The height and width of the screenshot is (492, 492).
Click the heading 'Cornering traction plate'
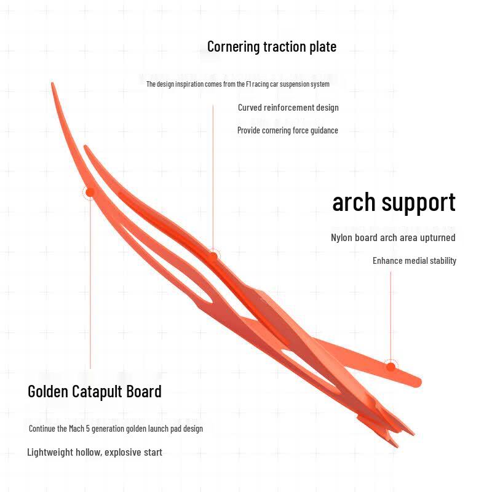[x=272, y=47]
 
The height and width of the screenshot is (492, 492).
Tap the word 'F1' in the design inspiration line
[x=249, y=84]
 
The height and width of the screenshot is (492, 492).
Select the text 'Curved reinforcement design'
[x=288, y=108]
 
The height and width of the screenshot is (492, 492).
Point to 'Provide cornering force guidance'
[x=287, y=130]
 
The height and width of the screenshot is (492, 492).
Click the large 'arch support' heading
[x=394, y=203]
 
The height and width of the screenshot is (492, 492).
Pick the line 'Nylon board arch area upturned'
[x=393, y=237]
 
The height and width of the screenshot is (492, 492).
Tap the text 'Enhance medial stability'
[x=414, y=261]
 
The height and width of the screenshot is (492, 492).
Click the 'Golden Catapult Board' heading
[x=95, y=392]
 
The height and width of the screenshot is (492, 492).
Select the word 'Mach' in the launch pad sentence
[x=76, y=429]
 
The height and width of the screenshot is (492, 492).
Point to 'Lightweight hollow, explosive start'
[x=95, y=452]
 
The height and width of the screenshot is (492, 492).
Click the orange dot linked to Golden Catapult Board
[x=90, y=192]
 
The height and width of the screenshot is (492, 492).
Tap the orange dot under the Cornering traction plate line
[x=213, y=256]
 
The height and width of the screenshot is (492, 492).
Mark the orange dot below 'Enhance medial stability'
[x=391, y=367]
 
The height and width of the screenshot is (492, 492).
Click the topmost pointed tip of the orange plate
[x=52, y=83]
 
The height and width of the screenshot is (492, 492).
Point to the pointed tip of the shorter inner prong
[x=85, y=146]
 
